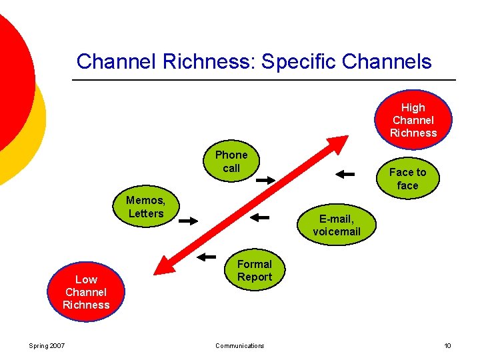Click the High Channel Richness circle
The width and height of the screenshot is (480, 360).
(413, 120)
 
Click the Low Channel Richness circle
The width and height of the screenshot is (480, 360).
(86, 292)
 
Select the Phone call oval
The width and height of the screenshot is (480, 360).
(231, 161)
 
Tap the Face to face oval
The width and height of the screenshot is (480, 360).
(407, 179)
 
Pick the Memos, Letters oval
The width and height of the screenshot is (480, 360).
(146, 207)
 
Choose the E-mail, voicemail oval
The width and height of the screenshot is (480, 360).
(337, 225)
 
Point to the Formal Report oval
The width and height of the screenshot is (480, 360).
(255, 270)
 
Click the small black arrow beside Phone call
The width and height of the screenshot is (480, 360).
(265, 180)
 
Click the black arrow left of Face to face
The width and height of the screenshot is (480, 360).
(345, 174)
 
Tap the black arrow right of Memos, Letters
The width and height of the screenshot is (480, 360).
(189, 221)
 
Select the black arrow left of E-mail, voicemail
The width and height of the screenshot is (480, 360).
(259, 217)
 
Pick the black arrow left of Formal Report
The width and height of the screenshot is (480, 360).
(207, 256)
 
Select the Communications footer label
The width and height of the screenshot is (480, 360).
(240, 345)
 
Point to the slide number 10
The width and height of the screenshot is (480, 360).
(447, 345)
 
